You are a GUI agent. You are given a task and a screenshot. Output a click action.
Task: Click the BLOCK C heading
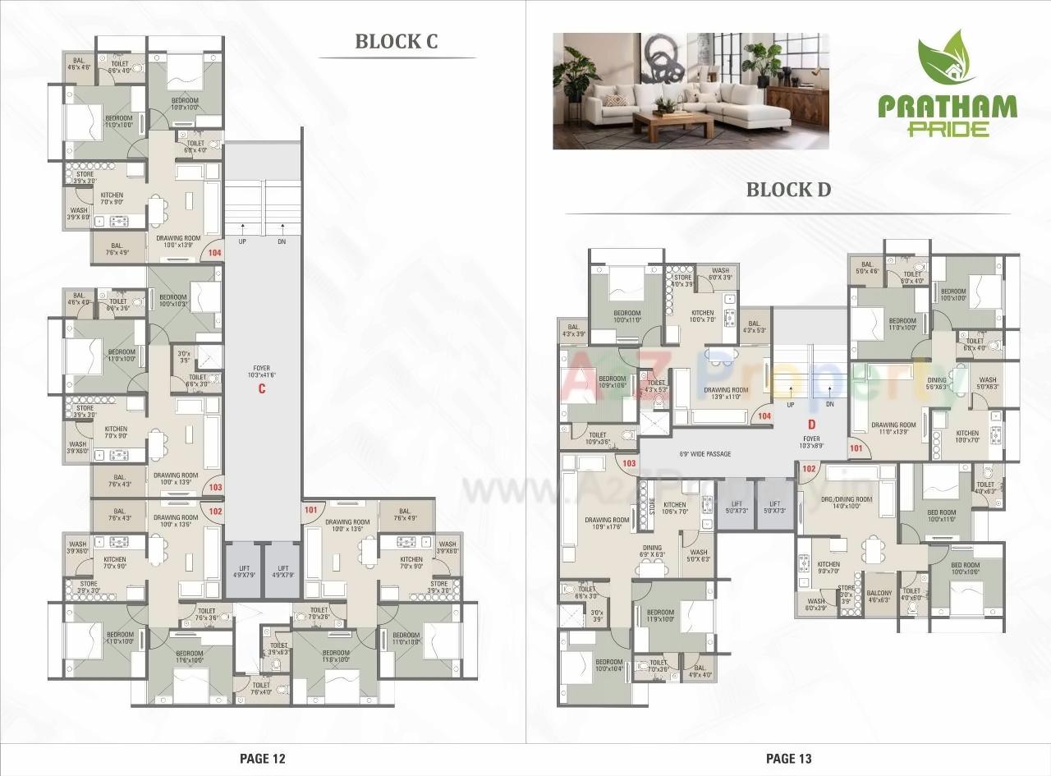(x=396, y=42)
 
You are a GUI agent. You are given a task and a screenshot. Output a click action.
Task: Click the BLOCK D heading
(x=787, y=190)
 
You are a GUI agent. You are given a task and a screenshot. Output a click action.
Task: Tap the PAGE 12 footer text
(x=262, y=758)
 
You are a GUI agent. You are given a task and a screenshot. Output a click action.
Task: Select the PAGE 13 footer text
(x=788, y=758)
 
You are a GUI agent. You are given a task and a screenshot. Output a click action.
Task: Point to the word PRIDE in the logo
(x=948, y=129)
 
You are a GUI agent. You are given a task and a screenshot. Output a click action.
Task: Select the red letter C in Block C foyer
(x=262, y=388)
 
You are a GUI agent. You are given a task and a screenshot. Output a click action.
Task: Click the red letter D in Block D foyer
(x=810, y=425)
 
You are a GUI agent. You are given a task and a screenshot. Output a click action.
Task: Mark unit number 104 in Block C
(x=215, y=254)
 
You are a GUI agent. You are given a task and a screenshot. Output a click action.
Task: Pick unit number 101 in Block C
(x=310, y=509)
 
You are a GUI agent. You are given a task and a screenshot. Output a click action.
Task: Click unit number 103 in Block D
(x=630, y=463)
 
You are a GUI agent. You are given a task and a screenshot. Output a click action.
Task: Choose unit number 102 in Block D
(x=808, y=469)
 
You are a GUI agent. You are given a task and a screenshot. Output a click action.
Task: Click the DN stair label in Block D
(x=829, y=404)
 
